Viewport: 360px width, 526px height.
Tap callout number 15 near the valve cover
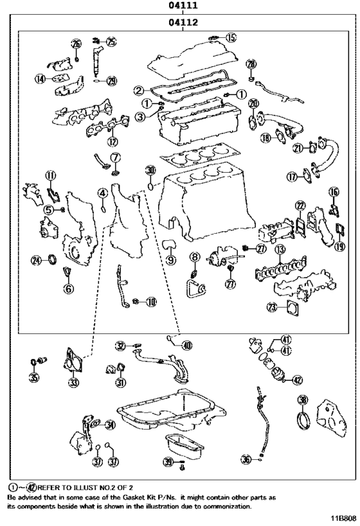point(231,37)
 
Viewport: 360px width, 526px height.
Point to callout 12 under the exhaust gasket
point(113,141)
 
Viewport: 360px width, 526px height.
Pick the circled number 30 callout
point(150,170)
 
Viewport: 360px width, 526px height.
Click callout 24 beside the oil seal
point(38,259)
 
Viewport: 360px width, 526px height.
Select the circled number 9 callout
point(171,260)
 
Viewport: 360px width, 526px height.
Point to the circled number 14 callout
point(40,79)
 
